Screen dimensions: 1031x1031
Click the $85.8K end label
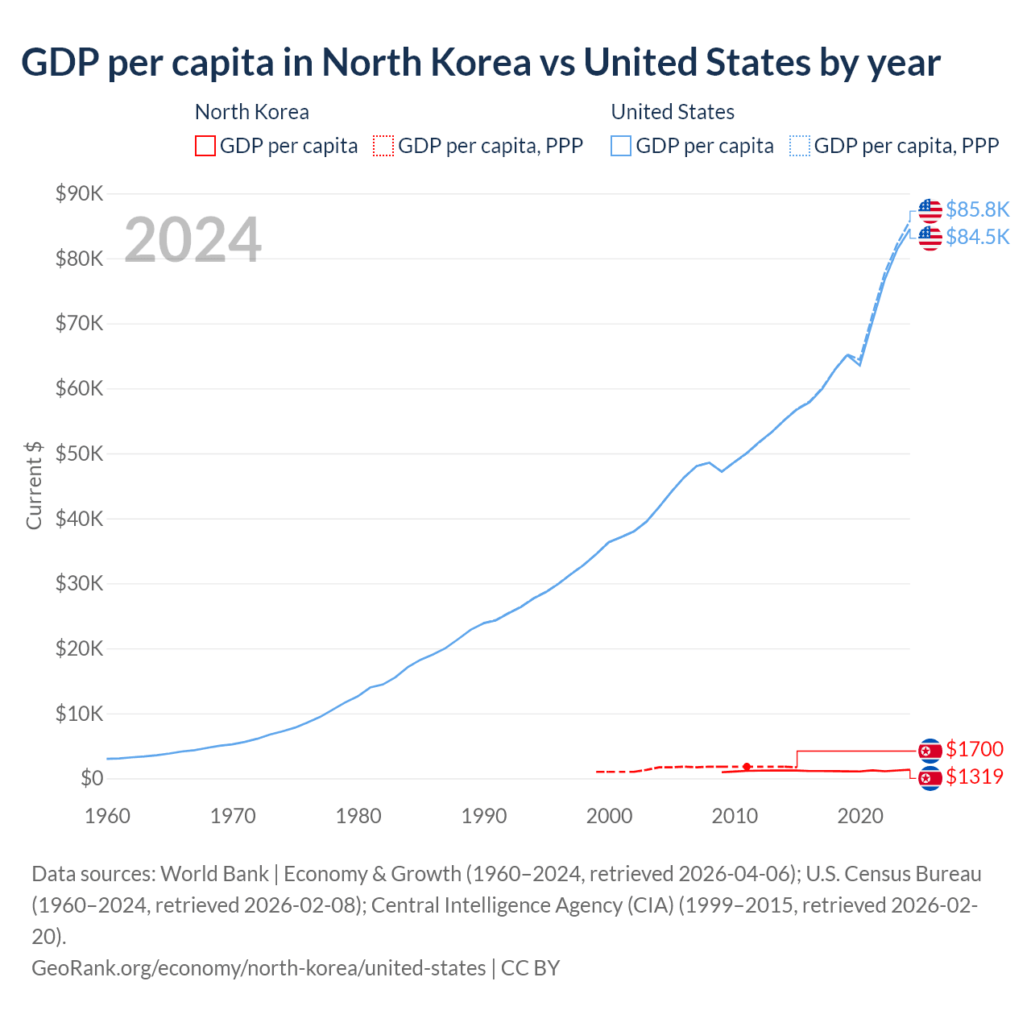[x=977, y=209]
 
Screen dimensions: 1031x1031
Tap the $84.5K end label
[x=977, y=237]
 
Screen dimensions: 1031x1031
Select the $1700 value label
[x=974, y=749]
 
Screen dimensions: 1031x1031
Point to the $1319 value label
[x=974, y=776]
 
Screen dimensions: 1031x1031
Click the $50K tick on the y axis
[x=79, y=453]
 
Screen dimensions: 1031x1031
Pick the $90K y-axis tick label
[x=79, y=193]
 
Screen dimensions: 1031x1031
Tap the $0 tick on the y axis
[x=91, y=778]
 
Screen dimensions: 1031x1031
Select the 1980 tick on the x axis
[x=358, y=816]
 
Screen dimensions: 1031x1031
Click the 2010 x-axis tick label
[x=735, y=816]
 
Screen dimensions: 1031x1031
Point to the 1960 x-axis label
[x=107, y=816]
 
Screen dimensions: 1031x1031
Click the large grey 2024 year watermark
[x=193, y=239]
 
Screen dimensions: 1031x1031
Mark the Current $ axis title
[x=34, y=486]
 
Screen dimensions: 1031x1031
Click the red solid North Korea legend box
[x=205, y=146]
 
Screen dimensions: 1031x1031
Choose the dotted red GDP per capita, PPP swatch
[x=383, y=146]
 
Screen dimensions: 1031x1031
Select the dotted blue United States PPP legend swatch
[x=800, y=146]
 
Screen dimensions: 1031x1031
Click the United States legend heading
[x=673, y=112]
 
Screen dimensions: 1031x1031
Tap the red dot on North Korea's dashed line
[x=747, y=767]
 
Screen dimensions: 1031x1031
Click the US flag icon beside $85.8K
[x=930, y=209]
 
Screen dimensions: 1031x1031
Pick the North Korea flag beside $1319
[x=930, y=778]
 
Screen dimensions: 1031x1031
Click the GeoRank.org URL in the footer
[x=259, y=967]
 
